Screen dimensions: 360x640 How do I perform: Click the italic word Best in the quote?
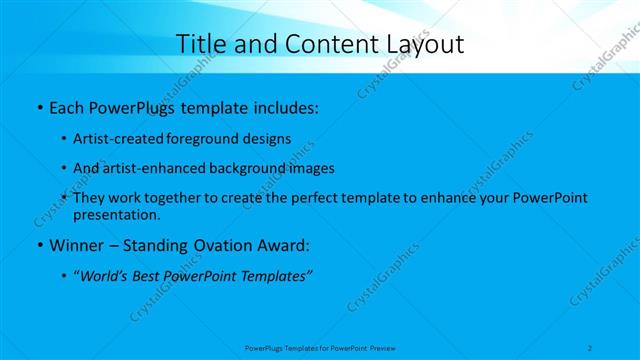point(148,275)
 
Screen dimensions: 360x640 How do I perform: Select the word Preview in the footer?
point(382,347)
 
